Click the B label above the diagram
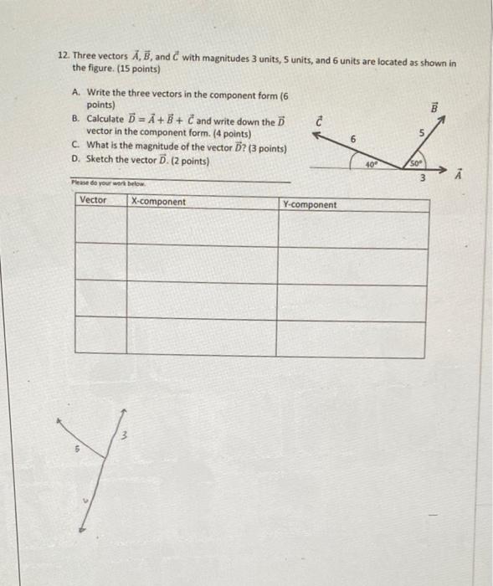[x=434, y=108]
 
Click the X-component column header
[x=159, y=202]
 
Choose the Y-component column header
[x=310, y=204]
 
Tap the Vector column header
[x=93, y=200]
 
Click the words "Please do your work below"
[x=96, y=182]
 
